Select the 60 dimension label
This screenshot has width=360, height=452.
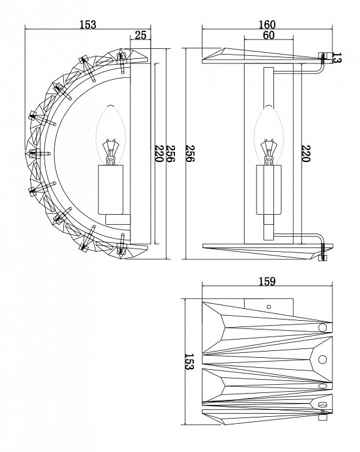268,36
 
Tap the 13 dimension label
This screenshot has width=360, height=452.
337,60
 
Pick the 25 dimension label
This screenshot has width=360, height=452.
140,36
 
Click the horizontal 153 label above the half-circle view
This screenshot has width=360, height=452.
87,24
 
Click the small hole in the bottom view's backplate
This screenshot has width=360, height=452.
268,306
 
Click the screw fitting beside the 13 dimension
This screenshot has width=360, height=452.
324,57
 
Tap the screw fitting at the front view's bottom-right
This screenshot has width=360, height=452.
324,255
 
